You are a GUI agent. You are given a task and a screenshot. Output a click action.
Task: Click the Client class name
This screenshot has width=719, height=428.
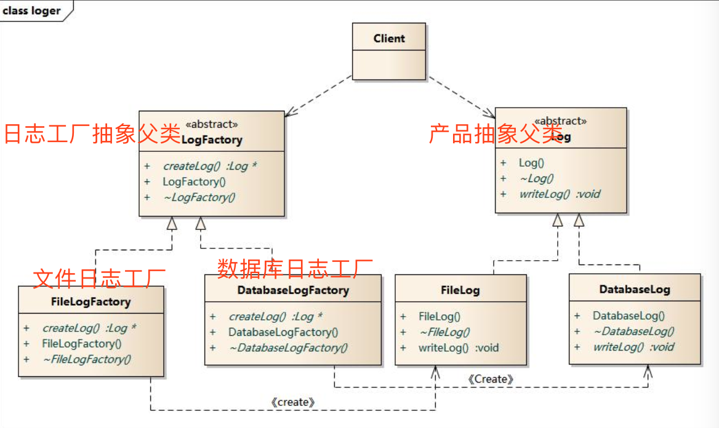click(389, 39)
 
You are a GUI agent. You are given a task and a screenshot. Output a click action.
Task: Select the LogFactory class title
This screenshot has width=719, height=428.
click(212, 140)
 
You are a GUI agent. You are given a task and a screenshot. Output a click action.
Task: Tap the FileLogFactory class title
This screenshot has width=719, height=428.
click(90, 302)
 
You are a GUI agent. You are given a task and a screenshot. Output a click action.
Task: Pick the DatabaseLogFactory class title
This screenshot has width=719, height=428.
click(292, 290)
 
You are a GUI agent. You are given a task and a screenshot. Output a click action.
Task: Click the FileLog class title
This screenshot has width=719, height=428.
click(460, 290)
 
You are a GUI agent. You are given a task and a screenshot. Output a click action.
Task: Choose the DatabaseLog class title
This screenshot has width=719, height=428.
click(634, 289)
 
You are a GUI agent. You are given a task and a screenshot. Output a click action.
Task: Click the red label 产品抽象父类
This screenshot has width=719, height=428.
click(496, 133)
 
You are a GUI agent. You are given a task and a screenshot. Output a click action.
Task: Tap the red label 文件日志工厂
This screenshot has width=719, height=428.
click(98, 278)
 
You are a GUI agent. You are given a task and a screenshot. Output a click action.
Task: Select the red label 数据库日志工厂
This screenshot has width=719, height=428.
click(295, 267)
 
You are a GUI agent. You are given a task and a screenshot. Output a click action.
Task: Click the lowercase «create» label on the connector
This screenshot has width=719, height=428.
click(292, 402)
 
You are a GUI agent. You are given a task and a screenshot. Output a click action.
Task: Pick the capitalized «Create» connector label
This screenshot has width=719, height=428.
click(490, 379)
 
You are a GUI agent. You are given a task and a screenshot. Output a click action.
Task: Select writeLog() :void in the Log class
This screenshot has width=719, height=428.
click(559, 194)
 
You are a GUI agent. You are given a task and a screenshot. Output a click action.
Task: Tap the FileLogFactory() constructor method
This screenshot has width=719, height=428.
click(82, 344)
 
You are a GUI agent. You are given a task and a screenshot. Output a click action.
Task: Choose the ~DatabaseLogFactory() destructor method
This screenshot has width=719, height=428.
click(288, 347)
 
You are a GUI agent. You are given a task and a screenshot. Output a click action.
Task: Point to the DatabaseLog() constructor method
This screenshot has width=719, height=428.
click(629, 316)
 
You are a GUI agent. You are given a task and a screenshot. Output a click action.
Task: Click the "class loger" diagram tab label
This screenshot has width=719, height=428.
click(32, 10)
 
